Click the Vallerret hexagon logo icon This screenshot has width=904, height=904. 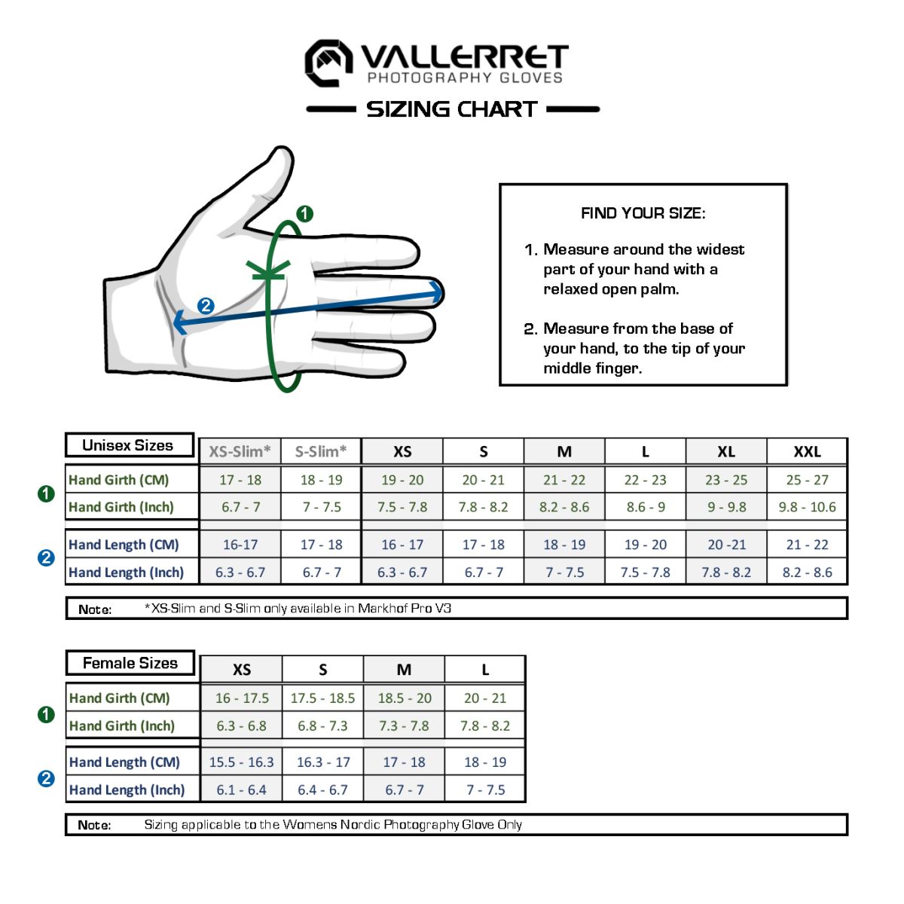click(x=328, y=63)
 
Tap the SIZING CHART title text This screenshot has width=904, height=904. click(x=452, y=109)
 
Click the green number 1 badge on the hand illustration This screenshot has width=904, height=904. click(x=304, y=214)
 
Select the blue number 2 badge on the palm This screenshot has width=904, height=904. click(x=206, y=306)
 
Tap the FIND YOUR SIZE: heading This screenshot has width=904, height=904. click(x=643, y=213)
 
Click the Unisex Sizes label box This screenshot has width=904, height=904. click(x=129, y=445)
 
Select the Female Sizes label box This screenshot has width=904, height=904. click(x=130, y=663)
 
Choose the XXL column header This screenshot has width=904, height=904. click(x=807, y=451)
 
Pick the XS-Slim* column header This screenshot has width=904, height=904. click(x=240, y=451)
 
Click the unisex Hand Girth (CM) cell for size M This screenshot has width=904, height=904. click(x=564, y=480)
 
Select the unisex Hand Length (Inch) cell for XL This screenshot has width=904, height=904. click(x=726, y=572)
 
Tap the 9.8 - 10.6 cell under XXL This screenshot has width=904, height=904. click(x=807, y=507)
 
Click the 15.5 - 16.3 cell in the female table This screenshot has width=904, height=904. click(x=241, y=762)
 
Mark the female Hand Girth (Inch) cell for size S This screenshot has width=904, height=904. click(x=322, y=725)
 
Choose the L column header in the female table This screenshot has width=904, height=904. click(x=485, y=669)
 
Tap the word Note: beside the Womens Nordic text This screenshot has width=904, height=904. click(x=94, y=825)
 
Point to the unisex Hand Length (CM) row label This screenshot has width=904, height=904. click(x=124, y=545)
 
